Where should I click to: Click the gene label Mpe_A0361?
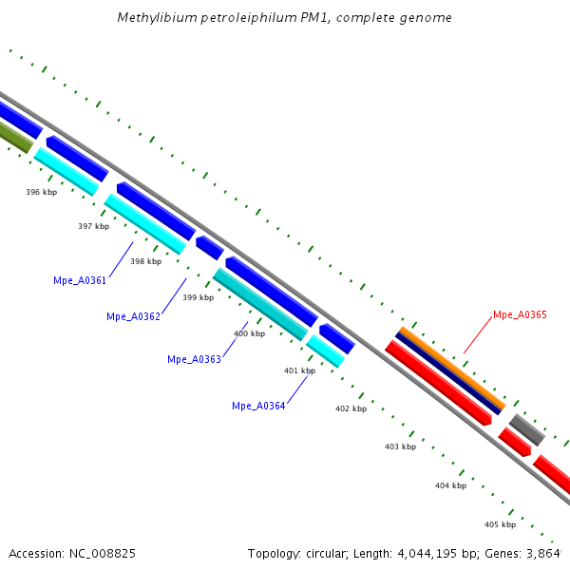(x=80, y=280)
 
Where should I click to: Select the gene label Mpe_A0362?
(x=133, y=316)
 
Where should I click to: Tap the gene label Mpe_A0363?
(x=194, y=359)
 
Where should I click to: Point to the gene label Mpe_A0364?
(x=258, y=406)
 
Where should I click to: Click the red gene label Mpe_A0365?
(x=520, y=314)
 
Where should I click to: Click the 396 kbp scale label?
(x=41, y=192)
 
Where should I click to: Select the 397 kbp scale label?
(x=93, y=226)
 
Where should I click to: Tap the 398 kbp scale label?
(x=145, y=261)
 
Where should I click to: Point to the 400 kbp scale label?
(x=249, y=333)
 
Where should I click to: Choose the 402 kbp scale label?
(x=351, y=408)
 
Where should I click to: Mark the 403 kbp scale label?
(x=400, y=446)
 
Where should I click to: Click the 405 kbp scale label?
(x=500, y=524)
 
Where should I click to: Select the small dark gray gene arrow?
(x=526, y=429)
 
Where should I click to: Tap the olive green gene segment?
(x=14, y=139)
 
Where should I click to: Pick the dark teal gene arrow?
(x=259, y=304)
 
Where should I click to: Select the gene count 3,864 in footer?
(x=544, y=553)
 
